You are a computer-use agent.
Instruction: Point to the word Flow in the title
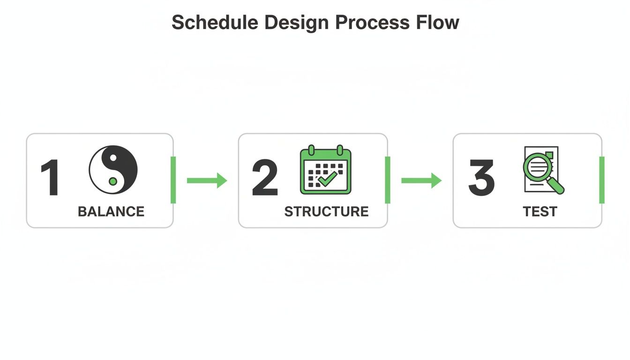437,22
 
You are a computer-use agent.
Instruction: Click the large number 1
49,178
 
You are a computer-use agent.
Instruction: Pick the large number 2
265,178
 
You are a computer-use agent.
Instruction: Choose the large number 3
481,178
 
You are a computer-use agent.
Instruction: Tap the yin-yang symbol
113,170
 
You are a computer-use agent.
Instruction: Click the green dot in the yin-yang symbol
112,181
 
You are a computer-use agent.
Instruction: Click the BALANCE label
111,211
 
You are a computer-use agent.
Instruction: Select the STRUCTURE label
326,211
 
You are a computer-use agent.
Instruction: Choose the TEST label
540,211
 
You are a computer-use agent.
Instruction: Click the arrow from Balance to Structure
207,180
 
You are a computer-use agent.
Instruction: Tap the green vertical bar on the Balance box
173,180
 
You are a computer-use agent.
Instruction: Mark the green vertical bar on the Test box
602,180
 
